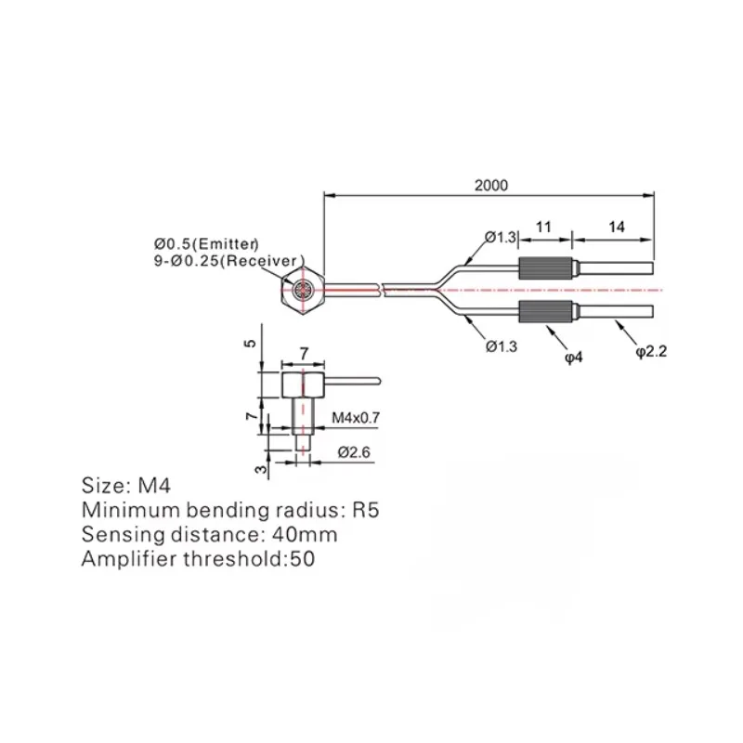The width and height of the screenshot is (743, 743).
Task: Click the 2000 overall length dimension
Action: pyautogui.click(x=491, y=185)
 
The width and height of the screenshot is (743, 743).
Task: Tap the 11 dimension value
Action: pyautogui.click(x=543, y=227)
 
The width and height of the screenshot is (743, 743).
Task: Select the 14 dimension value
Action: pyautogui.click(x=617, y=227)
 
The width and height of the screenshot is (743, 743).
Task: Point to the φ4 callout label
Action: pyautogui.click(x=574, y=357)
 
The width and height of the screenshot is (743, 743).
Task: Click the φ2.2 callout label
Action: pyautogui.click(x=651, y=351)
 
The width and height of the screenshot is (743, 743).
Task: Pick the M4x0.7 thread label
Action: pyautogui.click(x=356, y=417)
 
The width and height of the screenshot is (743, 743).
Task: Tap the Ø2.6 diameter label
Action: pyautogui.click(x=354, y=452)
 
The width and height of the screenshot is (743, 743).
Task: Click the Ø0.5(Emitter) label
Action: pyautogui.click(x=206, y=244)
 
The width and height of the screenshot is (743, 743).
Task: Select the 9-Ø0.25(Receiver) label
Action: pyautogui.click(x=228, y=261)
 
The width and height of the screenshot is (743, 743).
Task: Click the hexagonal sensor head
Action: pyautogui.click(x=302, y=290)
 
